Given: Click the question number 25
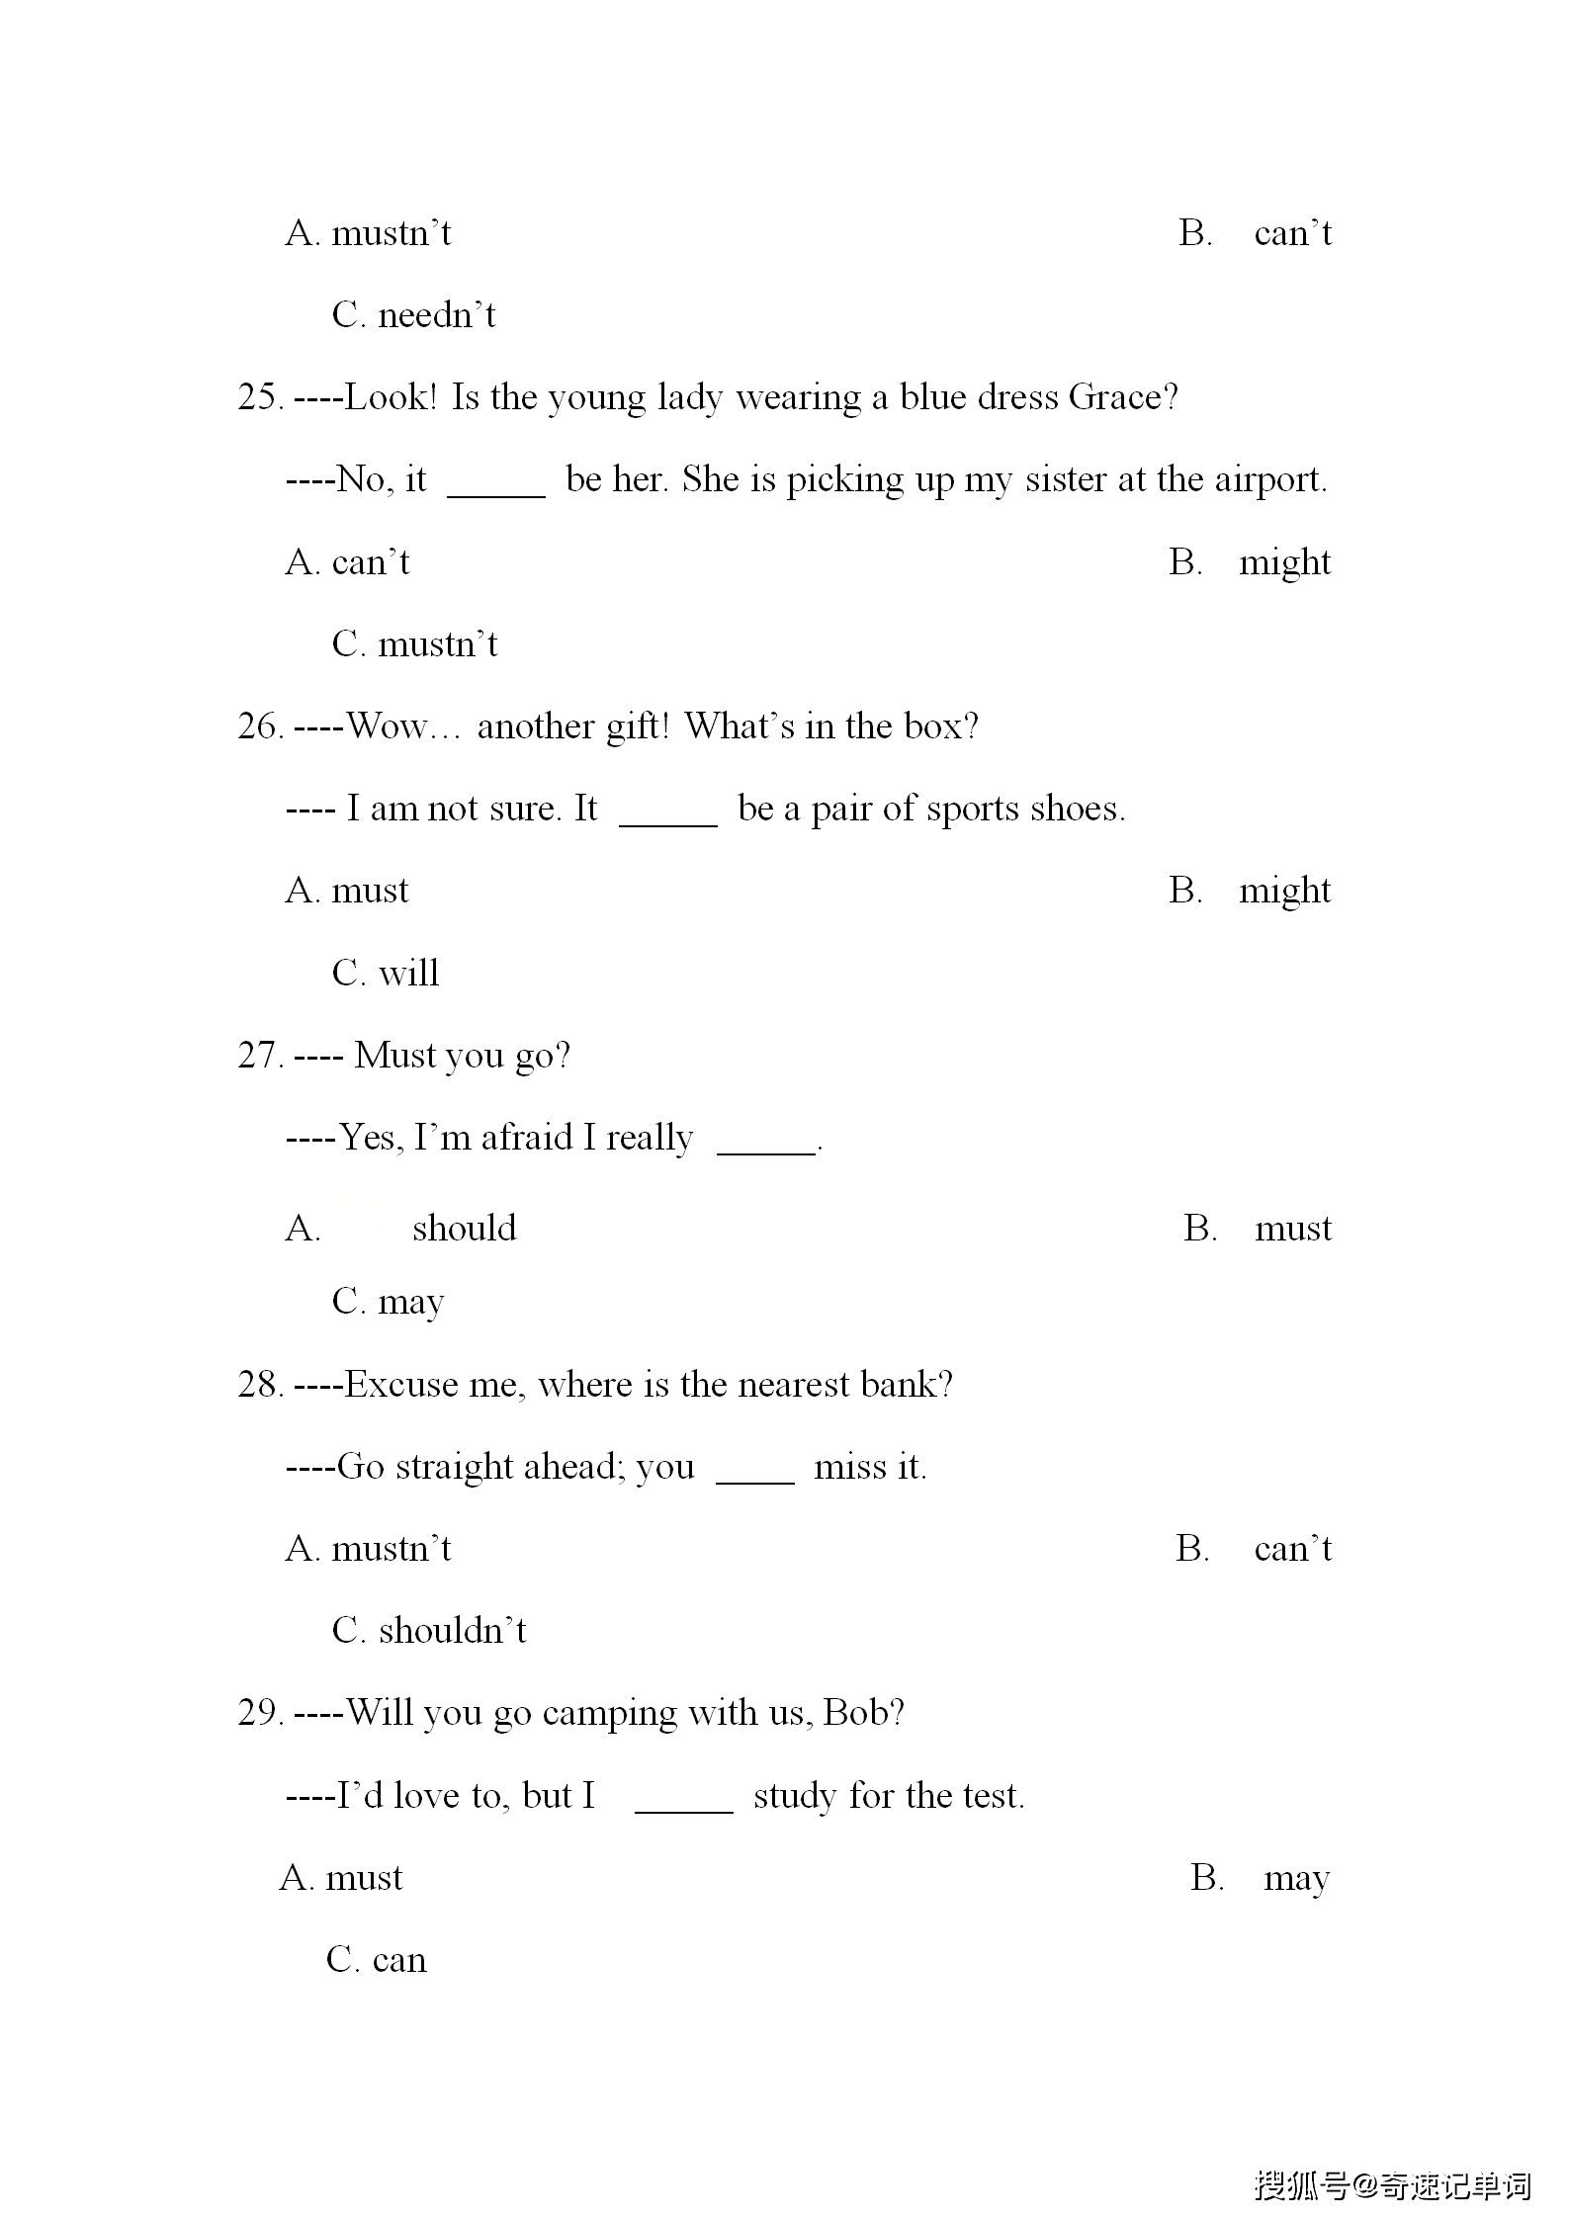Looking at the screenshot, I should pos(260,397).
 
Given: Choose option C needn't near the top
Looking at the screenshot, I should pos(413,315).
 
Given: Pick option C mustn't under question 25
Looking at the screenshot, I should pos(414,644).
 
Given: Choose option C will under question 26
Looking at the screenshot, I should pos(386,974).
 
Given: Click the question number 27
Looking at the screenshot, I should pos(260,1056).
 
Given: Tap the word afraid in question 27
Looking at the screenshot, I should pos(526,1139).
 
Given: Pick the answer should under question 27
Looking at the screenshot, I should pos(465,1229).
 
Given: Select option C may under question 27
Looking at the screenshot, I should pos(388,1303).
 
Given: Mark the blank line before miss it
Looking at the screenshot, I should pos(754,1481).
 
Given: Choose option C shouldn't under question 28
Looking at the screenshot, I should pos(429,1631).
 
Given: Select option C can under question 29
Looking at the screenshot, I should pos(377,1960).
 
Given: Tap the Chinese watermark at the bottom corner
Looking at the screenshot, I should pos(1392,2185).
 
